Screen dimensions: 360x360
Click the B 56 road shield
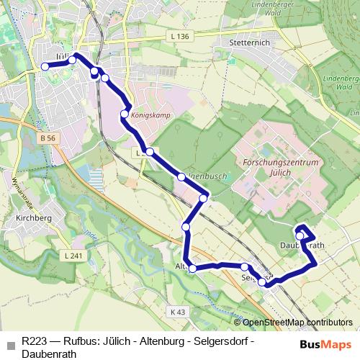[48, 138]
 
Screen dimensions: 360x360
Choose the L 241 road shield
[72, 256]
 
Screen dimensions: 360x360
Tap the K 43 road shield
[178, 312]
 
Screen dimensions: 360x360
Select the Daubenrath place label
[302, 246]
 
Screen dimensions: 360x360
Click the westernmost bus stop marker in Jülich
[45, 66]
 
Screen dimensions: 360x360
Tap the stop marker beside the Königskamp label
[125, 114]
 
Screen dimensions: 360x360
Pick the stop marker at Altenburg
[192, 269]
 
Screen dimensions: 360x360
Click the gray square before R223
[10, 344]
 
